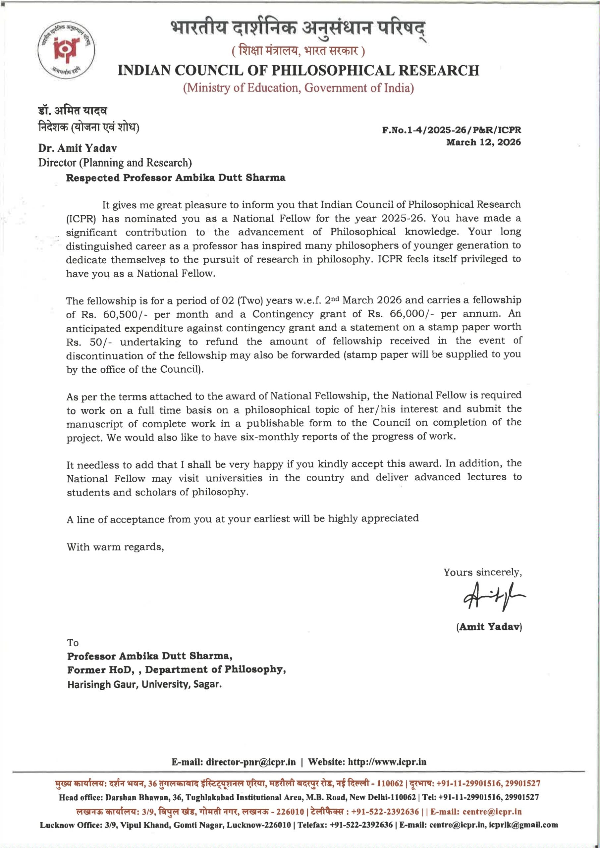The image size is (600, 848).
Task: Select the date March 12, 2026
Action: pos(483,142)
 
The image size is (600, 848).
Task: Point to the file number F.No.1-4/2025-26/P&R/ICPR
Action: pos(452,130)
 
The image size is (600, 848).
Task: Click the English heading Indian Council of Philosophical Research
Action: pos(298,71)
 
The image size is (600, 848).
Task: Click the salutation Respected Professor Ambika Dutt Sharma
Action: pos(176,178)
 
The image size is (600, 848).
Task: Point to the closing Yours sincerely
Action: pos(482,572)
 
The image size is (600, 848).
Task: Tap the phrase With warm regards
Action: pos(115,547)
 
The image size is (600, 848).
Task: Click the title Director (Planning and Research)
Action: pos(115,163)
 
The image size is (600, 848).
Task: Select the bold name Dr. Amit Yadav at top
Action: pos(78,148)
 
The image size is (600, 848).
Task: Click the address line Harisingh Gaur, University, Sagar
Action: pos(144,684)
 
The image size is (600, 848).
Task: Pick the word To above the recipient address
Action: pos(73,643)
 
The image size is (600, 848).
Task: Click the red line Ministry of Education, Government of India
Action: pos(298,88)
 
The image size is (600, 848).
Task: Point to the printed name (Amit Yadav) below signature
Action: pos(489,626)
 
